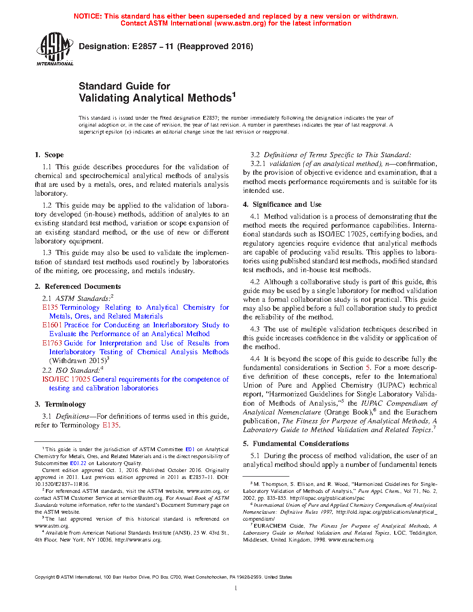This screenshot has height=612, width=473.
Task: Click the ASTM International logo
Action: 54,49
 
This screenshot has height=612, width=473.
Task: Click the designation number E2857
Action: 144,46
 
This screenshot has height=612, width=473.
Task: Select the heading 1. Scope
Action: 49,155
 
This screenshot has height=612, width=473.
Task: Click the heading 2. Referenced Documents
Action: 77,287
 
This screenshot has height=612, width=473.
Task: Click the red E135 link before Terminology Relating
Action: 50,307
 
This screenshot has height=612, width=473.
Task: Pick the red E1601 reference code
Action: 52,325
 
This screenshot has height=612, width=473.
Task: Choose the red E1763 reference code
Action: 52,343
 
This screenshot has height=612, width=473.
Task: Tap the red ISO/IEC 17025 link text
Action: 66,379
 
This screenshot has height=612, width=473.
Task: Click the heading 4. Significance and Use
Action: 282,204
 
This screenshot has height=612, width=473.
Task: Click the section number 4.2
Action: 255,282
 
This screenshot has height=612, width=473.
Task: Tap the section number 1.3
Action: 47,253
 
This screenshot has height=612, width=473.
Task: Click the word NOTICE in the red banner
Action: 88,16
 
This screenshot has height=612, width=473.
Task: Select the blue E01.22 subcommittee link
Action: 78,463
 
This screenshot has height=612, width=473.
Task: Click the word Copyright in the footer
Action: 45,577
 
